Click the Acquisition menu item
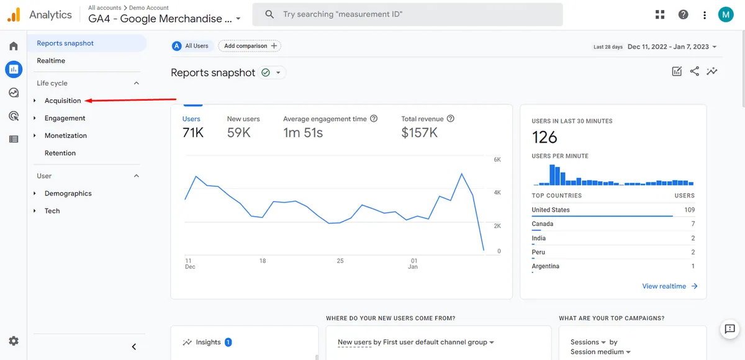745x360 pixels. (x=63, y=101)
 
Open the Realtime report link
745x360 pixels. (x=51, y=60)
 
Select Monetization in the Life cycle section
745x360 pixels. (x=66, y=135)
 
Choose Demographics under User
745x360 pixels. (x=68, y=193)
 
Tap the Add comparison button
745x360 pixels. (x=250, y=46)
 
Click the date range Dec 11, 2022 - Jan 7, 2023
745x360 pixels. (x=668, y=47)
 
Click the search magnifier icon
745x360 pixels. (x=269, y=14)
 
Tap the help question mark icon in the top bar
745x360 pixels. (x=683, y=15)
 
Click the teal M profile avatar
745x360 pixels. (x=726, y=15)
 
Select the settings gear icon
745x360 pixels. (x=14, y=341)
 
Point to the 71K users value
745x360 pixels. (x=193, y=133)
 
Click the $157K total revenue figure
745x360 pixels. (x=419, y=133)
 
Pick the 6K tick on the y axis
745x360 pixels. (x=497, y=160)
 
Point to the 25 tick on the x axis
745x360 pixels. (x=340, y=261)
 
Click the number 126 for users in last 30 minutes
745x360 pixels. (x=544, y=137)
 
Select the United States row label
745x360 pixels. (x=551, y=210)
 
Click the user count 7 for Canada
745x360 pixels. (x=693, y=223)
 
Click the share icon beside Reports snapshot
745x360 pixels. (x=695, y=71)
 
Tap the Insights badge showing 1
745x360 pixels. (x=228, y=342)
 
